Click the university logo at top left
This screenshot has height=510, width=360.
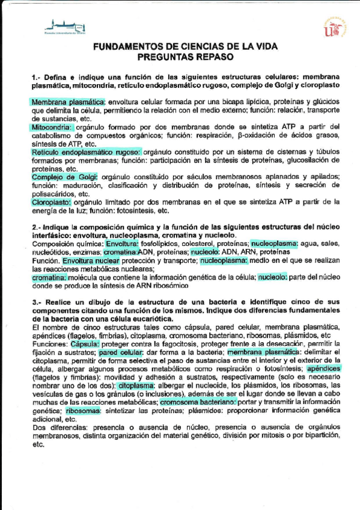[x=64, y=26]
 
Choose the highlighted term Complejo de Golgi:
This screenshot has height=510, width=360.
[x=64, y=177]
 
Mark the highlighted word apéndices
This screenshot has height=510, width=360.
[x=324, y=367]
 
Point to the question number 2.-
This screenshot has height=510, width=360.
[x=36, y=227]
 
